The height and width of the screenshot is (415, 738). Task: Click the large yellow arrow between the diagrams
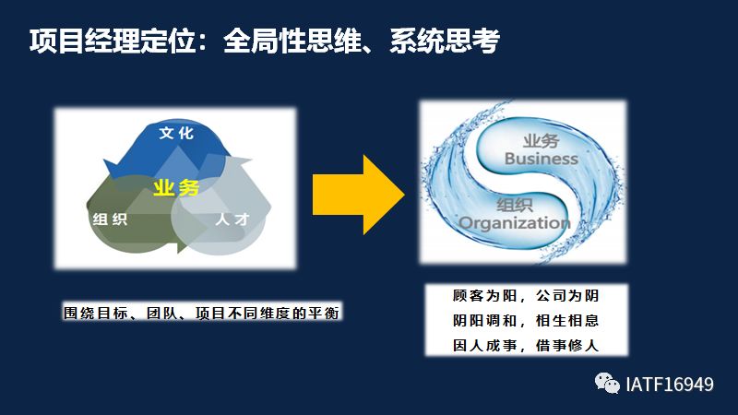359,195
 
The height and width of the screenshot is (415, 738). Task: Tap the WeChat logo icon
607,384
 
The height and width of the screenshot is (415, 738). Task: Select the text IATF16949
670,385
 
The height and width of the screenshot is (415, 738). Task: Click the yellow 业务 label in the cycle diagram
176,188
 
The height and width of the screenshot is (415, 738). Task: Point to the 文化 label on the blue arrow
176,133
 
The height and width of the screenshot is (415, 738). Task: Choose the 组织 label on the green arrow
110,219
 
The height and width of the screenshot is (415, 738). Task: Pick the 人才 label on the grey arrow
232,219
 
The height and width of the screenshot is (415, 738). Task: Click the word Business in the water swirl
542,159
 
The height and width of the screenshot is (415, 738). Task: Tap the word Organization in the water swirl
515,222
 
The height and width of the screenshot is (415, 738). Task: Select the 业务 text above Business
542,141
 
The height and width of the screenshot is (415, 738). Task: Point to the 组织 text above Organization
515,205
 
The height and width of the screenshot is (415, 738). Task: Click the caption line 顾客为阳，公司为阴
526,295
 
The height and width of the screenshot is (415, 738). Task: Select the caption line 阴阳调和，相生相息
526,320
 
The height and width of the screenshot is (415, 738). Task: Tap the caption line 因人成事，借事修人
526,345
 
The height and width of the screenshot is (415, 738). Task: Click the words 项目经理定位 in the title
113,41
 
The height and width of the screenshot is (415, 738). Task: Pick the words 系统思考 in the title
445,41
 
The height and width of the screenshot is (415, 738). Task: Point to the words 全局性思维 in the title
292,41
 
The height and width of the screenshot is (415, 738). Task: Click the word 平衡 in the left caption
324,313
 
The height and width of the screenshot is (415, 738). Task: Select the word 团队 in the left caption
162,313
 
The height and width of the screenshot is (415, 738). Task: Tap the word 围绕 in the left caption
79,313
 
